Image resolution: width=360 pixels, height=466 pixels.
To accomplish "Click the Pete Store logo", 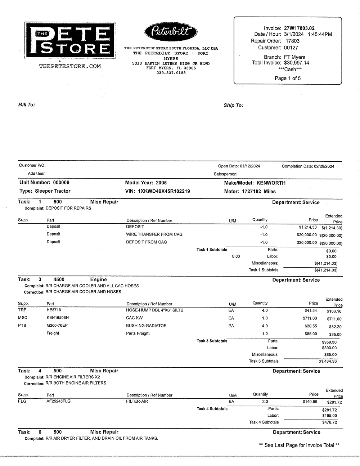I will tap(70, 40).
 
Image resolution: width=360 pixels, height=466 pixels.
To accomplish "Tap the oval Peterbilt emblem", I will tap(171, 32).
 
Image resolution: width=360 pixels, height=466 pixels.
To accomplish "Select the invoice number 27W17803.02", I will tap(299, 28).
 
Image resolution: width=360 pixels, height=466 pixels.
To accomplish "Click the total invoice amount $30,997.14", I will tap(296, 63).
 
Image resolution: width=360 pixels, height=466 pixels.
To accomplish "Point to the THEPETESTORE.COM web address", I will tap(70, 66).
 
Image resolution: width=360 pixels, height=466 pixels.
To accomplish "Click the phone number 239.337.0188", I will tap(171, 73).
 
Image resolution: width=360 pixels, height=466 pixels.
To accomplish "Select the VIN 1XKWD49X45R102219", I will tap(164, 191).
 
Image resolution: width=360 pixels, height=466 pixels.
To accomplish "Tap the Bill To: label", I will tap(27, 104).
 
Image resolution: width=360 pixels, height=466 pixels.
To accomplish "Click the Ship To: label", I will tap(233, 105).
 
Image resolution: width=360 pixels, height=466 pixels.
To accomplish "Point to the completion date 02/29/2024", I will tap(324, 166).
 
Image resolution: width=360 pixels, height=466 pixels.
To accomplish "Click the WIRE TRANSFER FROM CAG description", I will tap(154, 234).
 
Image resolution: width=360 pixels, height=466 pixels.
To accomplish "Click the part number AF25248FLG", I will tap(58, 401).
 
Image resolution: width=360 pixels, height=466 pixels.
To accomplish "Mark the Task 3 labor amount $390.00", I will tap(329, 348).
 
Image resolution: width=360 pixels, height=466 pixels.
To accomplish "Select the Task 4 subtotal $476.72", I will tap(329, 422).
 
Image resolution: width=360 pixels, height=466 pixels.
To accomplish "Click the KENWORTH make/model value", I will tap(271, 183).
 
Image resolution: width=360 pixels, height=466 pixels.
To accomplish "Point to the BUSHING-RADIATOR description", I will tap(146, 326).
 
